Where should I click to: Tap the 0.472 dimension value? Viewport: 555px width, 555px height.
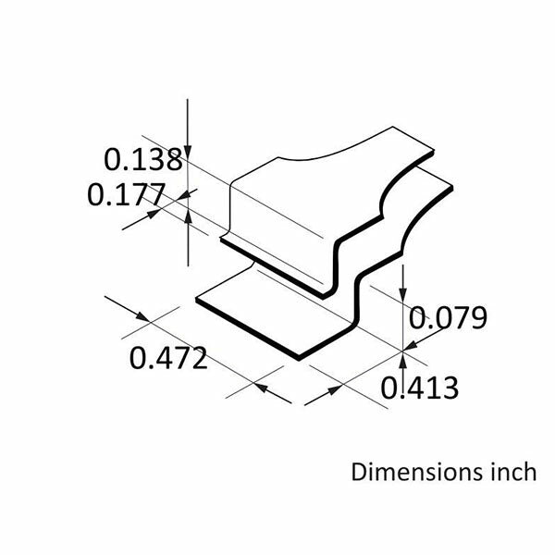(167, 358)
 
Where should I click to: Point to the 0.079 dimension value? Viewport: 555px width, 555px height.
(448, 319)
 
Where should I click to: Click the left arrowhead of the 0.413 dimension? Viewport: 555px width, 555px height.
(310, 400)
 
